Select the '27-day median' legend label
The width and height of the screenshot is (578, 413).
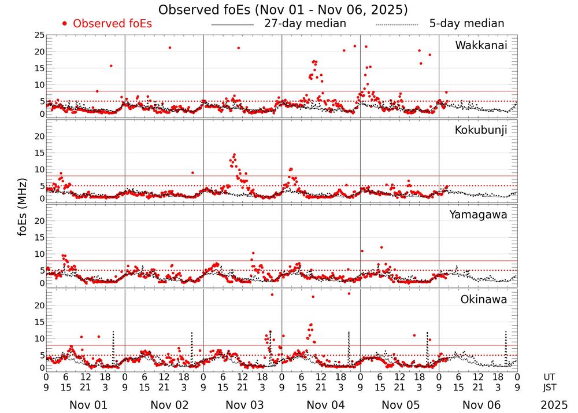[305, 24]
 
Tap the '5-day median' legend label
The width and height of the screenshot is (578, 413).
[466, 24]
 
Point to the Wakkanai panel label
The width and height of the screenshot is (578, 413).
[481, 46]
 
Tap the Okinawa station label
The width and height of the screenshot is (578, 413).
[484, 300]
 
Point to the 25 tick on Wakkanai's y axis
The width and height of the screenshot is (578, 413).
[39, 35]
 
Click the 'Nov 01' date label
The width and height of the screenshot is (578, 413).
[85, 405]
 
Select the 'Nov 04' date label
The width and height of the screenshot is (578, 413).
[321, 405]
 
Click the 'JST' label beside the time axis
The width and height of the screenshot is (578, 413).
[549, 387]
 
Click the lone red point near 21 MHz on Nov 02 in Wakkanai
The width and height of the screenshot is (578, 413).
[169, 47]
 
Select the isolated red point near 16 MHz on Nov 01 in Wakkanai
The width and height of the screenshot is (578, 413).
[111, 65]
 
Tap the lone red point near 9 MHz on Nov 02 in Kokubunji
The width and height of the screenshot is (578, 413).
[192, 172]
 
